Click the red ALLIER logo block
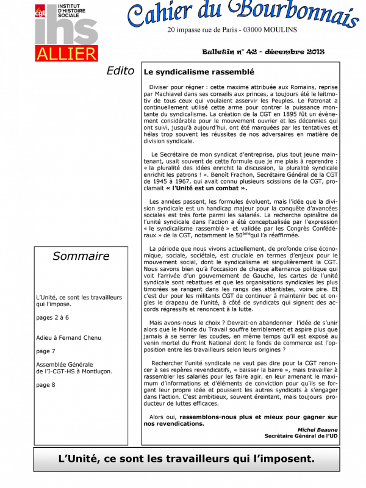point(66,52)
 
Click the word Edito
point(120,71)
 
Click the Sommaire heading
point(81,256)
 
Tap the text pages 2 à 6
point(52,317)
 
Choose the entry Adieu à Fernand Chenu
point(68,337)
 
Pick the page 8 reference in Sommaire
point(46,384)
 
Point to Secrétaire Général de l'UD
point(301,436)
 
